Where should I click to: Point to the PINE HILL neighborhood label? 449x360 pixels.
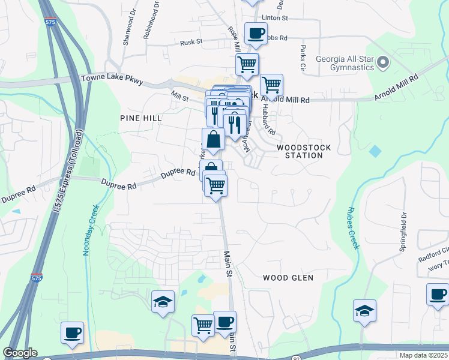click(x=140, y=119)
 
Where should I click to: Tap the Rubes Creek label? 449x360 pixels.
click(x=352, y=228)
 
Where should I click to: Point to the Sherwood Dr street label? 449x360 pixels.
click(x=127, y=29)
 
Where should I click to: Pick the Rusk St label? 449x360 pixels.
click(x=192, y=43)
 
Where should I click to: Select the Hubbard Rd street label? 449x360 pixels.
click(x=270, y=122)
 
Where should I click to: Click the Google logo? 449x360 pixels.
click(x=20, y=353)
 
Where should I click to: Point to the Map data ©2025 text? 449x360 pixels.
click(x=423, y=355)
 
